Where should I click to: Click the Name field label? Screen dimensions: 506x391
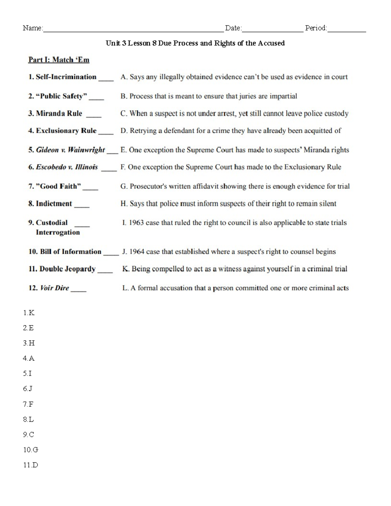tap(33, 28)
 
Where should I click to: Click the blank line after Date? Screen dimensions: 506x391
tap(273, 30)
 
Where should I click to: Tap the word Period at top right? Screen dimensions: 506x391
tap(316, 28)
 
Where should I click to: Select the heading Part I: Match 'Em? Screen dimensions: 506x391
tap(59, 60)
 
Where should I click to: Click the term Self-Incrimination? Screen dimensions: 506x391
tap(66, 77)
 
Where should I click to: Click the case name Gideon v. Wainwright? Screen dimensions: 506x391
tap(70, 150)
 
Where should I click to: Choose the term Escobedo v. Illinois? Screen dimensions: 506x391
tap(67, 167)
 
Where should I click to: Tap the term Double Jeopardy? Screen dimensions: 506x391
tap(67, 269)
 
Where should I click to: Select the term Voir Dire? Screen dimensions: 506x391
tap(54, 288)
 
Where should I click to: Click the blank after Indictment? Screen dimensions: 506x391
tap(82, 206)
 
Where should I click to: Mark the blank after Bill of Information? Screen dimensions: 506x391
tap(111, 254)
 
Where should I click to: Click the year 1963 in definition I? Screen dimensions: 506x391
tap(136, 223)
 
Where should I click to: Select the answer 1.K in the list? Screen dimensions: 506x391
tap(29, 313)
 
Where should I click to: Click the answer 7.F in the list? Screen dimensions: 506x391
tap(28, 404)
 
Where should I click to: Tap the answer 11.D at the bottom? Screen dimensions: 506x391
tap(31, 465)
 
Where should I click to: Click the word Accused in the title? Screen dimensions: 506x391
tap(271, 43)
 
